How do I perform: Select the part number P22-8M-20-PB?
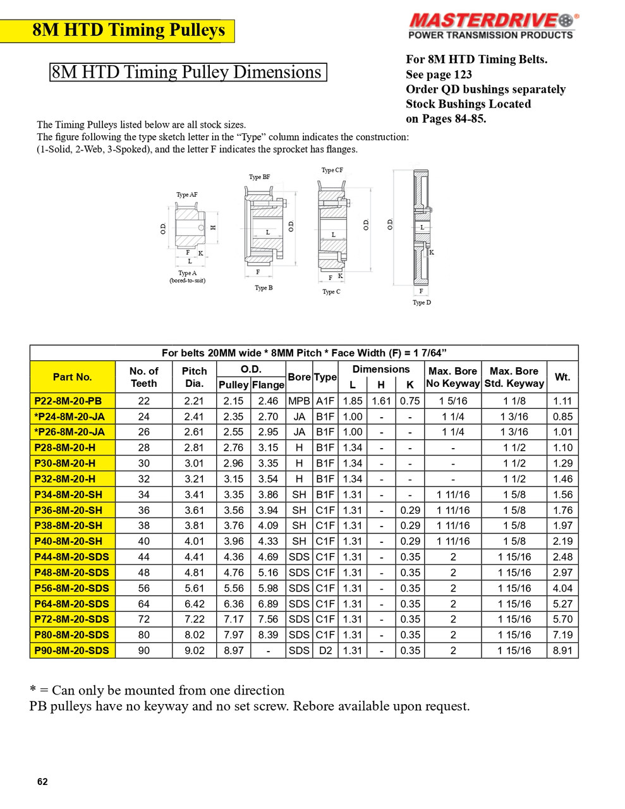[x=68, y=401]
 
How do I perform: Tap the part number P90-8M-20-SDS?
[x=72, y=650]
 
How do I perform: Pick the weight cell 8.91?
[x=562, y=650]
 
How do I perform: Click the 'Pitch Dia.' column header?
[x=194, y=377]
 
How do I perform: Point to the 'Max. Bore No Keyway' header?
[x=452, y=377]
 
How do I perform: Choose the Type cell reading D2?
[x=325, y=650]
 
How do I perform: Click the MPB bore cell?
[x=299, y=401]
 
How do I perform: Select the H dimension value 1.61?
[x=381, y=401]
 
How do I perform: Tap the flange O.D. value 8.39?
[x=268, y=635]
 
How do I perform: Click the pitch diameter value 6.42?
[x=194, y=604]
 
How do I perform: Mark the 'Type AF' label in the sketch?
[x=186, y=195]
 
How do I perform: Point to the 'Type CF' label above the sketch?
[x=332, y=170]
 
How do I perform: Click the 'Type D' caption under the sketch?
[x=422, y=303]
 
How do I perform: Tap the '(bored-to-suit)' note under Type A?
[x=187, y=281]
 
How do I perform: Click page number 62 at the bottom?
[x=42, y=782]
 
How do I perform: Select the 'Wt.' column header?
[x=562, y=377]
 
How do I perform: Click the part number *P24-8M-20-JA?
[x=70, y=417]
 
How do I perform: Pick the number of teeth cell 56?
[x=143, y=588]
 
